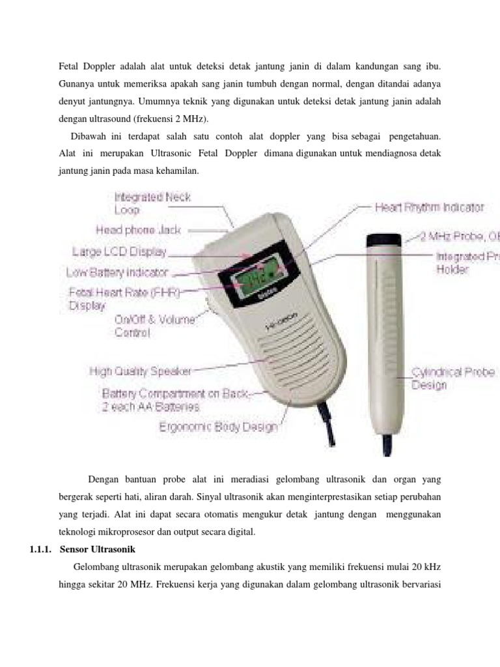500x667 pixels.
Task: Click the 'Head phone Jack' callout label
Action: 139,230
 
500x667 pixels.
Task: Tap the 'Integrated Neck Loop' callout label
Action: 152,203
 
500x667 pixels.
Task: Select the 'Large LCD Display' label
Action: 119,251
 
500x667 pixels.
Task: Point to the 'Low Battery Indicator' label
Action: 117,272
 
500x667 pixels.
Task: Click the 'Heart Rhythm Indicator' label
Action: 429,207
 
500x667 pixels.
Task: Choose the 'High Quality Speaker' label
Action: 140,371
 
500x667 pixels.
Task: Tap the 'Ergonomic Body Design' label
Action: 218,427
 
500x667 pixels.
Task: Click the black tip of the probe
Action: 385,241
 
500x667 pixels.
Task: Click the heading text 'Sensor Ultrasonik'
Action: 97,548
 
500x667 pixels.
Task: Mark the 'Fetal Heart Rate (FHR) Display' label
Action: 121,298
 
